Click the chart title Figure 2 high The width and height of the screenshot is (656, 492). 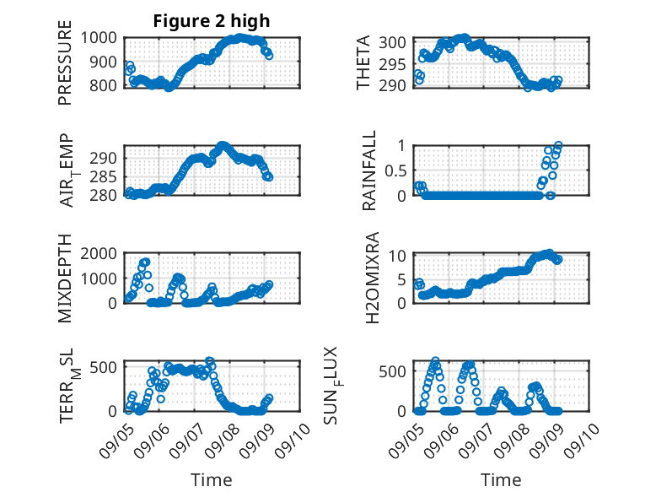pyautogui.click(x=212, y=21)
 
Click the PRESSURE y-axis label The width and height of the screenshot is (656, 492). pyautogui.click(x=65, y=62)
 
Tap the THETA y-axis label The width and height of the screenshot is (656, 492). pyautogui.click(x=363, y=62)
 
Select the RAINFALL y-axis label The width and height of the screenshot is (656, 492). pyautogui.click(x=369, y=170)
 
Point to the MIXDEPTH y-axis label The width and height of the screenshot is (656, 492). pyautogui.click(x=65, y=278)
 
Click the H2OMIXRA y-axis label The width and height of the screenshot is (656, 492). pyautogui.click(x=372, y=278)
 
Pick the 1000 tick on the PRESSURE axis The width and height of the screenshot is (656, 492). pyautogui.click(x=99, y=38)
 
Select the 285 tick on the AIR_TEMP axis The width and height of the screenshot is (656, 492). pyautogui.click(x=103, y=176)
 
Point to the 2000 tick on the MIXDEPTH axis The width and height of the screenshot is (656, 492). pyautogui.click(x=99, y=254)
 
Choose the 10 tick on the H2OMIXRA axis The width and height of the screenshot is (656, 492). pyautogui.click(x=397, y=256)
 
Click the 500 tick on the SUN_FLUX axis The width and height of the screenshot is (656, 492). pyautogui.click(x=392, y=371)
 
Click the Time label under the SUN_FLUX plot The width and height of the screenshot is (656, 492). pyautogui.click(x=501, y=479)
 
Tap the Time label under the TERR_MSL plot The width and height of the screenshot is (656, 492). pyautogui.click(x=212, y=479)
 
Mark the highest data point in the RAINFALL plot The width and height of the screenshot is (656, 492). pyautogui.click(x=558, y=145)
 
